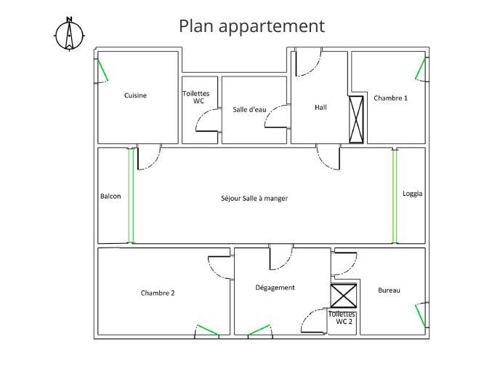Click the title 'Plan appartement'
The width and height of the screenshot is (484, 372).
pyautogui.click(x=251, y=26)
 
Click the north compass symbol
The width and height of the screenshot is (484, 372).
pyautogui.click(x=70, y=33)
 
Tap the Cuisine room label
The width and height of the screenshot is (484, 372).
pyautogui.click(x=135, y=95)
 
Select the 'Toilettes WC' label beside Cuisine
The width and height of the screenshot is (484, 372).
pyautogui.click(x=196, y=98)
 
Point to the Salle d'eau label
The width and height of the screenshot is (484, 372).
pyautogui.click(x=249, y=110)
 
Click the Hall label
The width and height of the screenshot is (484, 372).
pyautogui.click(x=320, y=107)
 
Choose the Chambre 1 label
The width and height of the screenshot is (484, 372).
pyautogui.click(x=390, y=98)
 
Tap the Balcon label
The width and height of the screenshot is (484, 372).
pyautogui.click(x=110, y=197)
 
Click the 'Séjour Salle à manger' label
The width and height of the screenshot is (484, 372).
pyautogui.click(x=254, y=198)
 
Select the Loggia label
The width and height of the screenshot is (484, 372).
pyautogui.click(x=413, y=194)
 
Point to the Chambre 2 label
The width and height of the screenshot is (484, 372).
pyautogui.click(x=158, y=293)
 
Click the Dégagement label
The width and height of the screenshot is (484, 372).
pyautogui.click(x=275, y=288)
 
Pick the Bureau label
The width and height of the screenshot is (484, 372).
pyautogui.click(x=389, y=290)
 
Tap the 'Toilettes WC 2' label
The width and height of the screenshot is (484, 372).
pyautogui.click(x=342, y=317)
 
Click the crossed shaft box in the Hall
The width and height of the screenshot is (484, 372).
pyautogui.click(x=356, y=119)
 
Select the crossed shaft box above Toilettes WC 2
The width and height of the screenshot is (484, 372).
pyautogui.click(x=343, y=296)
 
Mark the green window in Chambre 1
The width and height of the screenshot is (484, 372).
pyautogui.click(x=421, y=69)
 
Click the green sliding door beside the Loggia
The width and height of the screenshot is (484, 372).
pyautogui.click(x=395, y=196)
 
